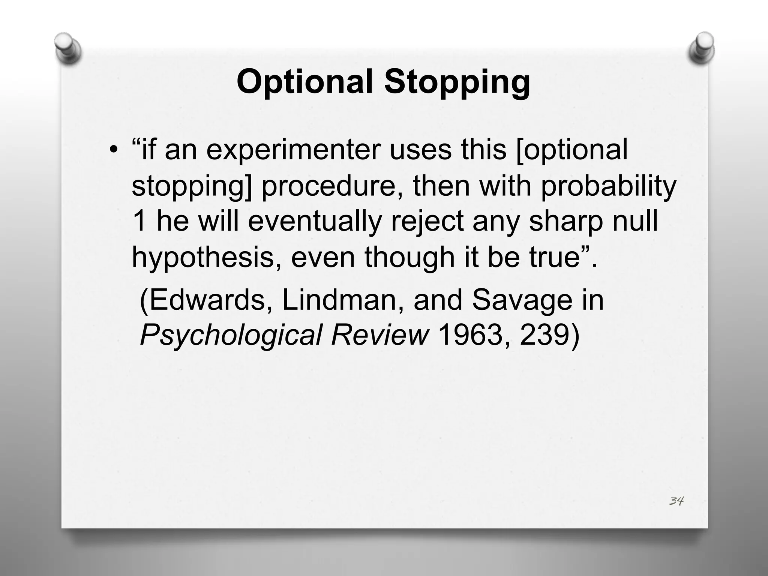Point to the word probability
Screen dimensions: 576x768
(608, 187)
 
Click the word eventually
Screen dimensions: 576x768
(314, 221)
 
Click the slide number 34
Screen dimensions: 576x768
(676, 501)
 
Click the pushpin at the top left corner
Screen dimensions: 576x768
(67, 48)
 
